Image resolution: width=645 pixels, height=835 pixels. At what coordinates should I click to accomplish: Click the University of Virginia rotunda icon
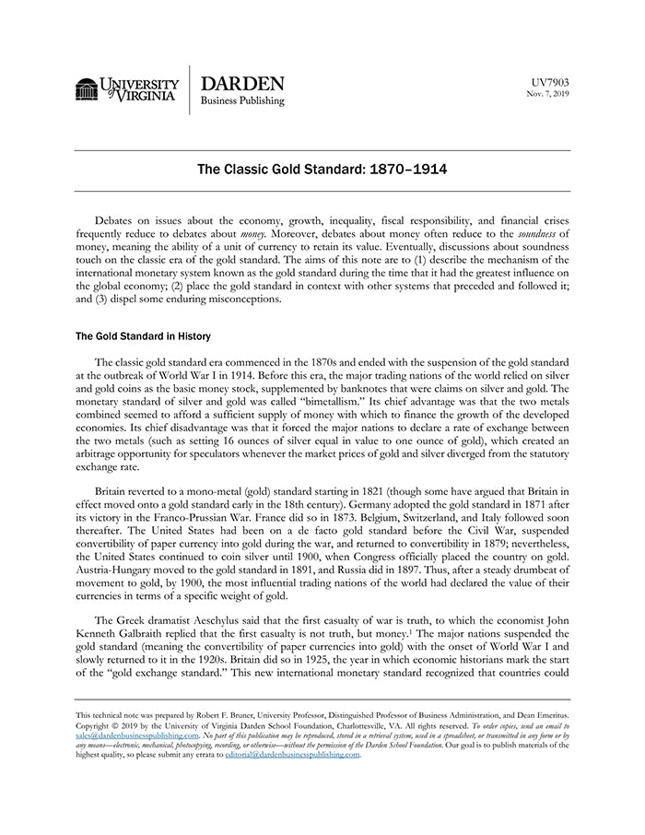pyautogui.click(x=88, y=89)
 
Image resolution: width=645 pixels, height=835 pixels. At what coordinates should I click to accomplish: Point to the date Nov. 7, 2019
pyautogui.click(x=548, y=94)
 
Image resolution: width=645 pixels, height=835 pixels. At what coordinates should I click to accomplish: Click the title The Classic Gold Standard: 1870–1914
pyautogui.click(x=322, y=171)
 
